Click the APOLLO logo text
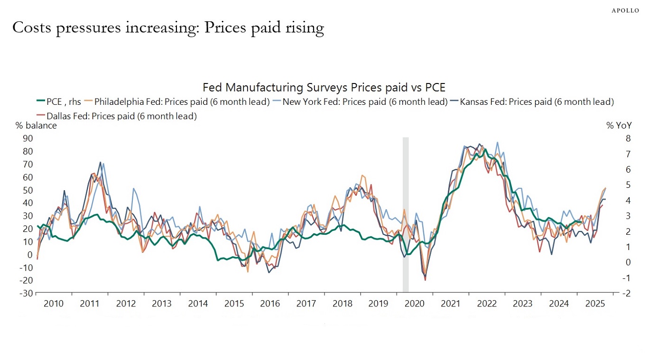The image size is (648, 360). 625,10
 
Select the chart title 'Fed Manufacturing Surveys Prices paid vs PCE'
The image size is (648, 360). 324,88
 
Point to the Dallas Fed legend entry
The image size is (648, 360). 117,116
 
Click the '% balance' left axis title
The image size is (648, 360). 36,126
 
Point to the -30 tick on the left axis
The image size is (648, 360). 26,294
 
